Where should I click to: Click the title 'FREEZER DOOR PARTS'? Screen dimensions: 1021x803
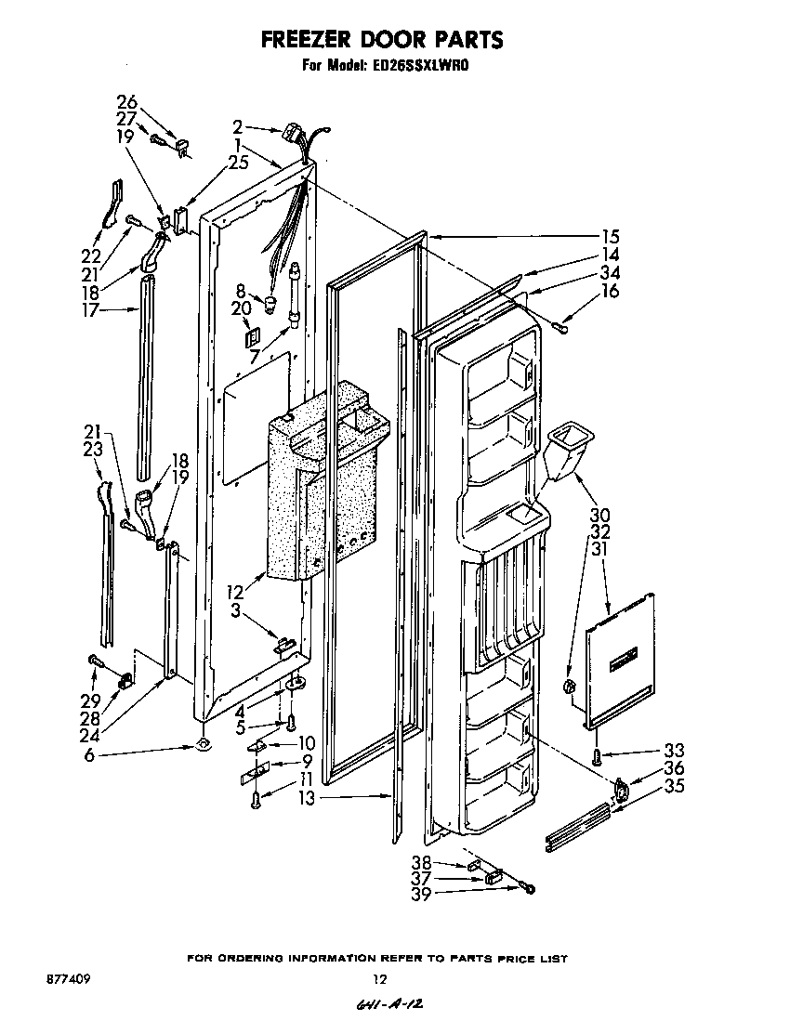381,40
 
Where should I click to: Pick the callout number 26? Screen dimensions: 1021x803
126,101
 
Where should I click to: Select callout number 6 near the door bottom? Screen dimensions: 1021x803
89,755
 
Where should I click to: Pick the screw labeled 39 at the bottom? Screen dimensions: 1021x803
529,889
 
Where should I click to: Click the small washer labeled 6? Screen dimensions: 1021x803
203,745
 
